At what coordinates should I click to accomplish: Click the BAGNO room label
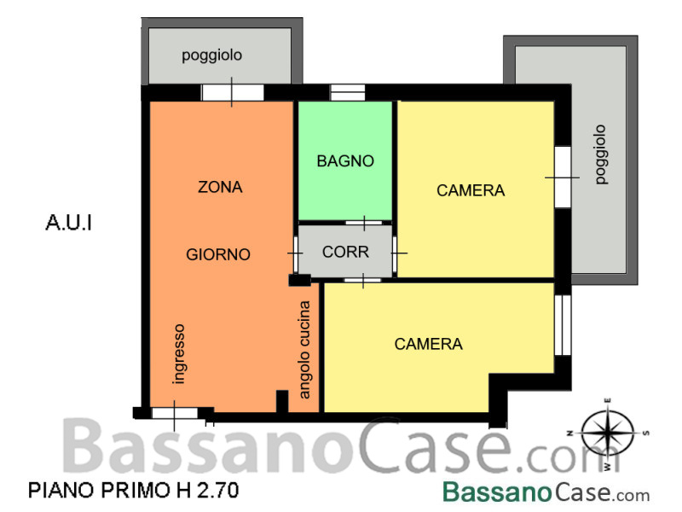click(x=345, y=161)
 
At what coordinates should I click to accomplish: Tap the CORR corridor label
click(x=346, y=252)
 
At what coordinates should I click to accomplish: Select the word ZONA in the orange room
click(x=220, y=187)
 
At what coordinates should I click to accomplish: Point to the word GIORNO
click(x=218, y=254)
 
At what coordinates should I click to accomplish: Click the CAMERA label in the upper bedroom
click(x=471, y=190)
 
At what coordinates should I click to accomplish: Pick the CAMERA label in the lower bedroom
click(x=429, y=344)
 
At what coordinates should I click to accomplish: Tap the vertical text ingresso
click(x=179, y=354)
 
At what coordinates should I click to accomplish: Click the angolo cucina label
click(x=304, y=350)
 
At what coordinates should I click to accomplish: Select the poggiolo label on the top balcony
click(x=211, y=55)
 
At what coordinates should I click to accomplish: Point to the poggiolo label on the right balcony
click(x=601, y=154)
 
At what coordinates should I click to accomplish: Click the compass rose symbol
click(x=608, y=434)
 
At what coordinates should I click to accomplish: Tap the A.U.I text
click(x=69, y=223)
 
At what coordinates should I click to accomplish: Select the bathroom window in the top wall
click(x=348, y=93)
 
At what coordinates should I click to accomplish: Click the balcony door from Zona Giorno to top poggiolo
click(x=233, y=93)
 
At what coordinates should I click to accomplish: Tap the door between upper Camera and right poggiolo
click(x=563, y=177)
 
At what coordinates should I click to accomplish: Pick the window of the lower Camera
click(x=563, y=325)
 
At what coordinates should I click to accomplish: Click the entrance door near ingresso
click(x=175, y=413)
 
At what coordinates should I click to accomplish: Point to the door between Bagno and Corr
click(x=364, y=223)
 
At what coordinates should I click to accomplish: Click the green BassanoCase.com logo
click(x=546, y=492)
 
